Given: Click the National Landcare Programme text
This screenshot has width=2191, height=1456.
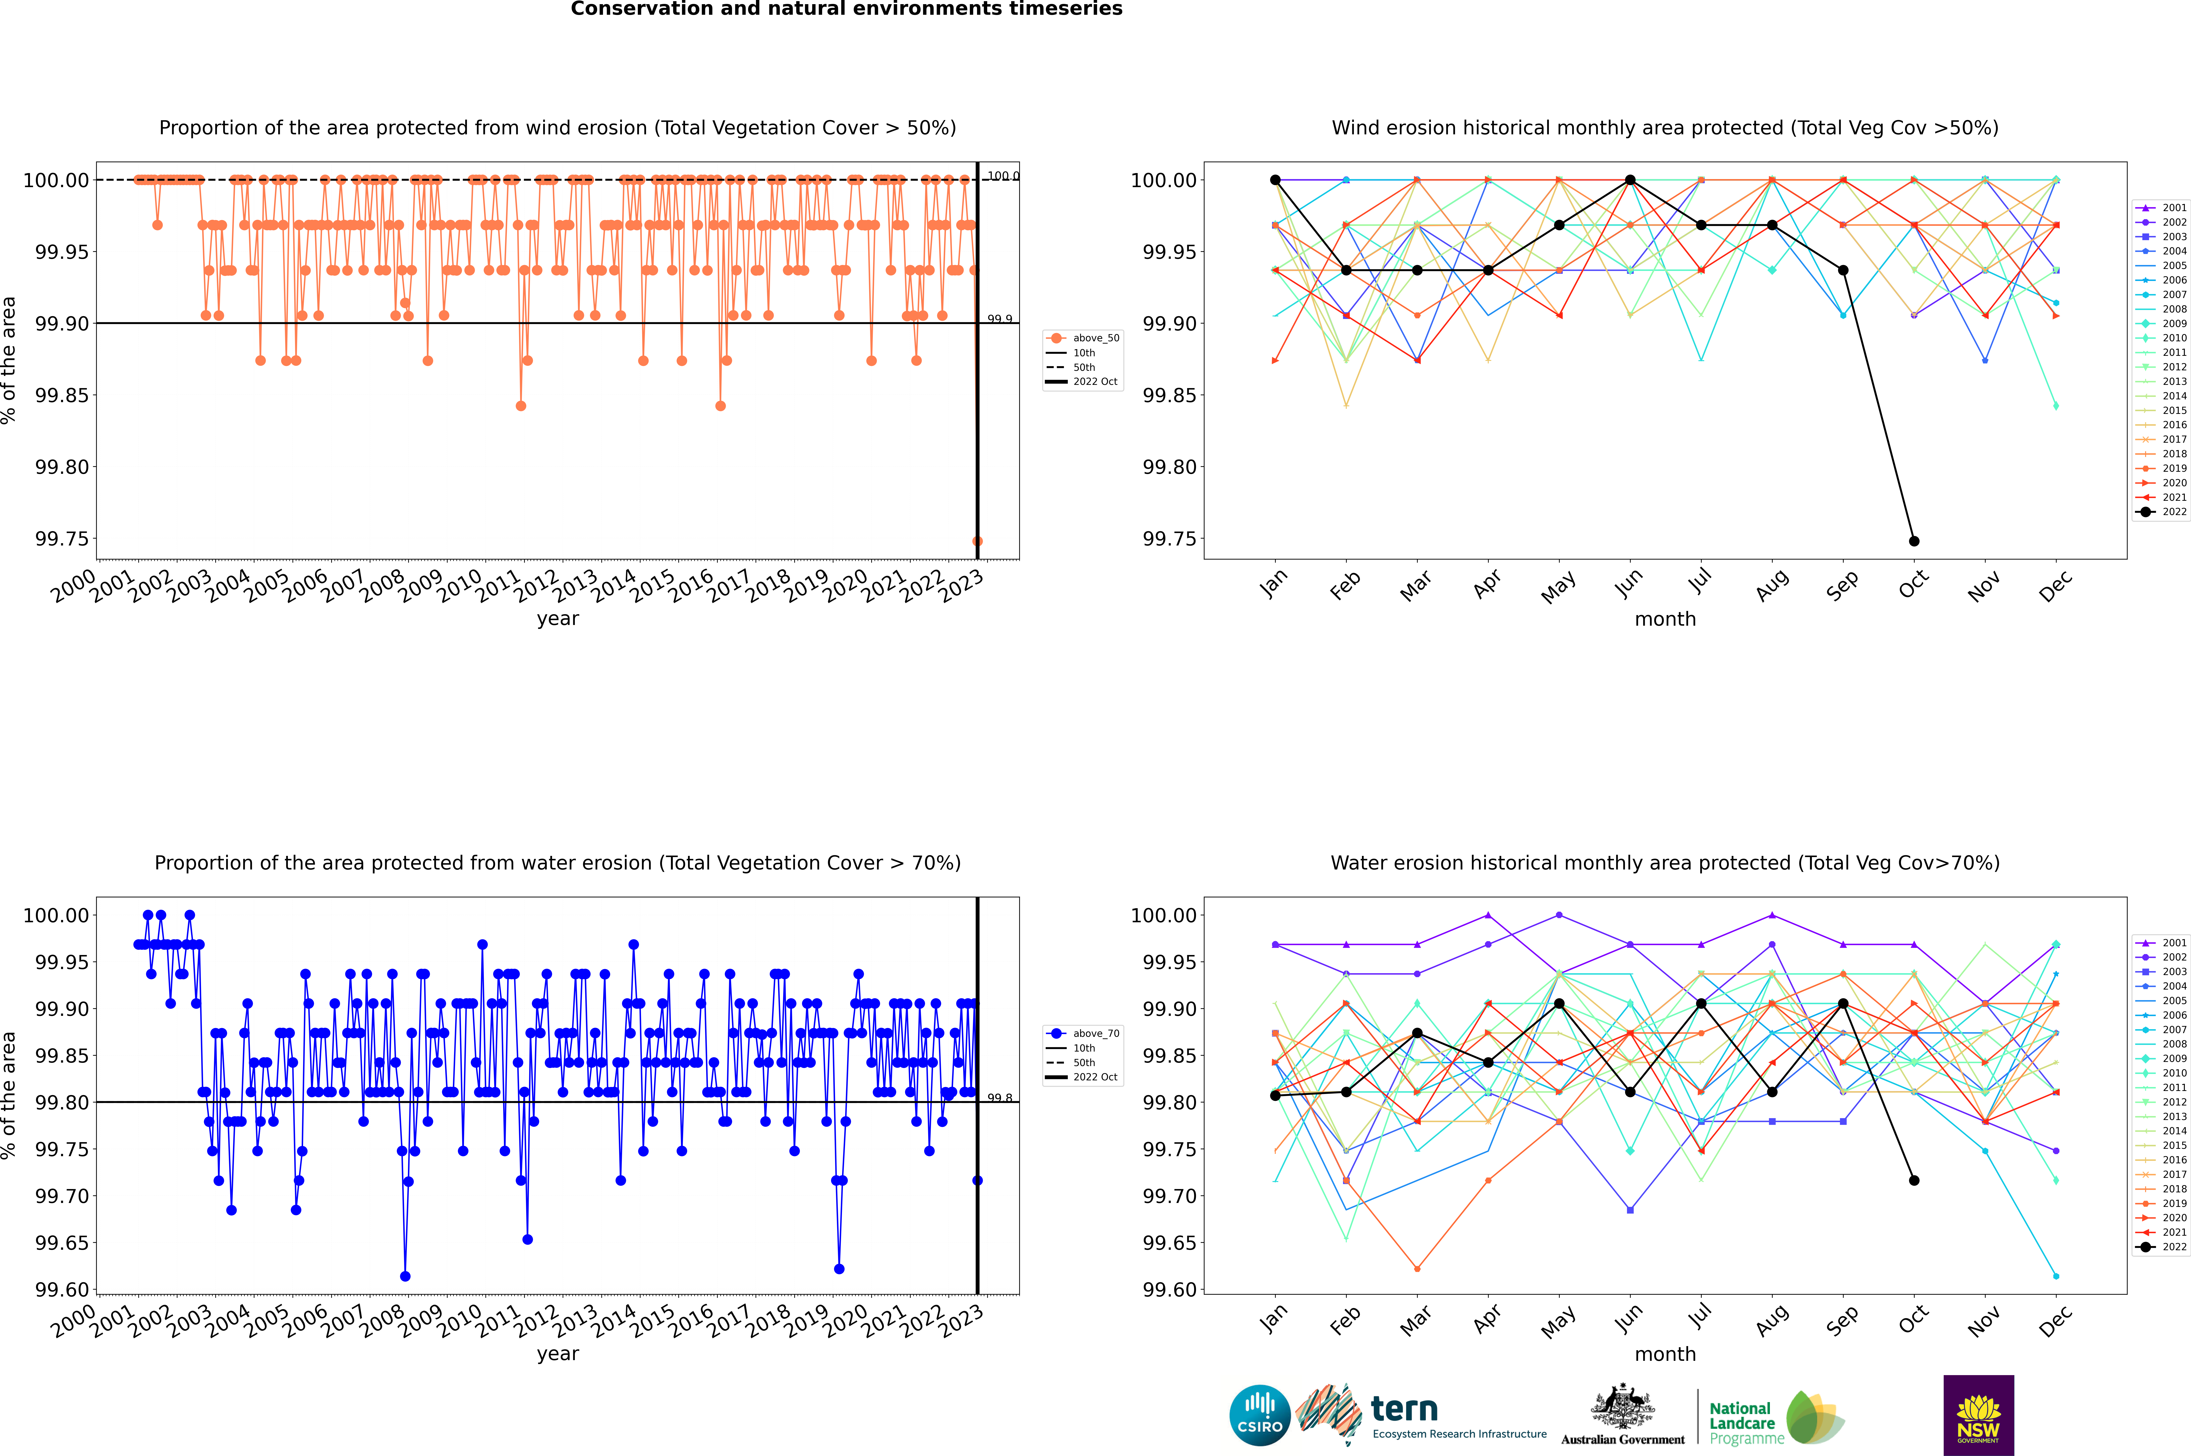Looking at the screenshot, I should tap(1742, 1423).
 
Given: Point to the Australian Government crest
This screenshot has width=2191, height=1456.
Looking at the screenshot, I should tap(1623, 1408).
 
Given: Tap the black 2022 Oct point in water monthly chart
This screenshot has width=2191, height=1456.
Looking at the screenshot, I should tap(1914, 1180).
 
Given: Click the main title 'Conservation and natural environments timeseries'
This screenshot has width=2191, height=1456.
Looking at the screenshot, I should tap(846, 9).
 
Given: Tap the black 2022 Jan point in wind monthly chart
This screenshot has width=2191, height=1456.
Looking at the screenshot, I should tap(1275, 180).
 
